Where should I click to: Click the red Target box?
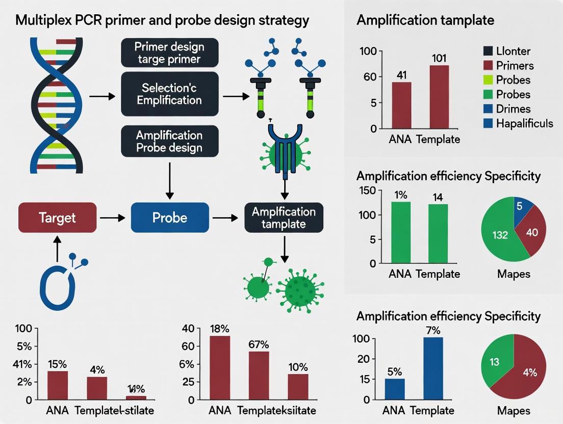[57, 218]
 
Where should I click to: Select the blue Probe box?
[170, 218]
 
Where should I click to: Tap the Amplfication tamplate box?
[284, 218]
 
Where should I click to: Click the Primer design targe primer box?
[169, 53]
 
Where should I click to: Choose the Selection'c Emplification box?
[169, 94]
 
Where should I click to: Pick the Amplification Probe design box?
[169, 142]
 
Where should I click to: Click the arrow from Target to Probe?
[113, 218]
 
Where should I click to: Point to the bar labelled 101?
[439, 97]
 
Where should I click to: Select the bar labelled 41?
[401, 105]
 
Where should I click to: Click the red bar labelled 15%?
[58, 385]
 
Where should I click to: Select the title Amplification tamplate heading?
[425, 21]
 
